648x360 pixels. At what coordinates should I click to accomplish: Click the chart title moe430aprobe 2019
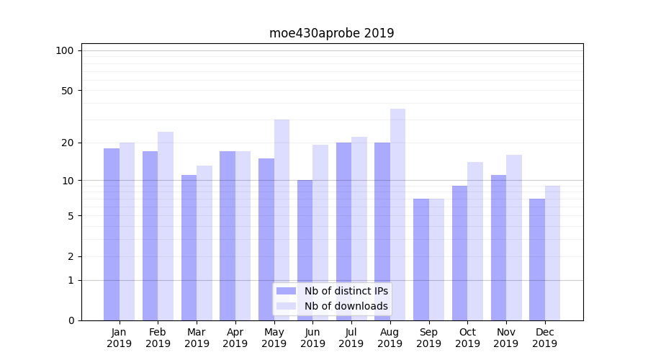[331, 33]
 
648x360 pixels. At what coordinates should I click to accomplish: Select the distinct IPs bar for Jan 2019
[112, 234]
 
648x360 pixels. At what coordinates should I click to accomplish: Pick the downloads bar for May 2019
[282, 220]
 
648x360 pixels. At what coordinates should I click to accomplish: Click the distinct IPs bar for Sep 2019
[421, 259]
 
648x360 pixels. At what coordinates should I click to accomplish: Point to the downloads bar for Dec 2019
[552, 253]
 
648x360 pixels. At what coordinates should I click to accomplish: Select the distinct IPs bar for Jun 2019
[305, 250]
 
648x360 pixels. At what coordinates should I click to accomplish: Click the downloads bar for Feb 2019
[166, 226]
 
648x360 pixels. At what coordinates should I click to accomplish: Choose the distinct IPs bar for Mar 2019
[189, 248]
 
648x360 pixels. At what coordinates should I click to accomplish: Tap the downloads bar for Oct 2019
[475, 241]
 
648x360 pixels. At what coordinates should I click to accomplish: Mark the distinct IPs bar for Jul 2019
[343, 231]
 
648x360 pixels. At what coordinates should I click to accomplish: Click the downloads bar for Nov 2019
[513, 238]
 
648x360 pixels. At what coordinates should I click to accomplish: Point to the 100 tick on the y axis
[65, 50]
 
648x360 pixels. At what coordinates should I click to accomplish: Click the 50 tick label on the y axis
[68, 91]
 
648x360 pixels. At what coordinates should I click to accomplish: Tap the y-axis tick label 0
[71, 320]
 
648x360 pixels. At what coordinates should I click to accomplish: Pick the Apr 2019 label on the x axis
[235, 338]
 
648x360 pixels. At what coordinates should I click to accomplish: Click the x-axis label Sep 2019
[428, 338]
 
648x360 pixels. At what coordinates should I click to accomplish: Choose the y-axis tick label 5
[71, 216]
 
